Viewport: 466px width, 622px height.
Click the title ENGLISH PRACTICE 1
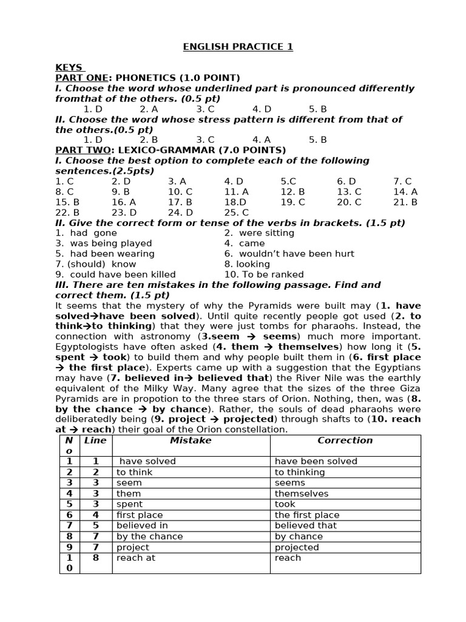(238, 47)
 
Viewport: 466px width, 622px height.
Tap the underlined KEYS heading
(69, 67)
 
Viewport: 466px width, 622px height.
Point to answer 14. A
(405, 191)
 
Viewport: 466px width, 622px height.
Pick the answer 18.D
(235, 202)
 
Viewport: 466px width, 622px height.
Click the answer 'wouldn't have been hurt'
(289, 253)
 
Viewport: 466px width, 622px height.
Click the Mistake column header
(191, 440)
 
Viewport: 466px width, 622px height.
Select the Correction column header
(345, 440)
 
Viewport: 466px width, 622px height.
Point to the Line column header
(95, 440)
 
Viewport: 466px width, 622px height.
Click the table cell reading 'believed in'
(142, 525)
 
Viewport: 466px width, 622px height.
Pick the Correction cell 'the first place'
(307, 514)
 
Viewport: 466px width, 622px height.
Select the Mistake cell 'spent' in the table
(129, 504)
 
